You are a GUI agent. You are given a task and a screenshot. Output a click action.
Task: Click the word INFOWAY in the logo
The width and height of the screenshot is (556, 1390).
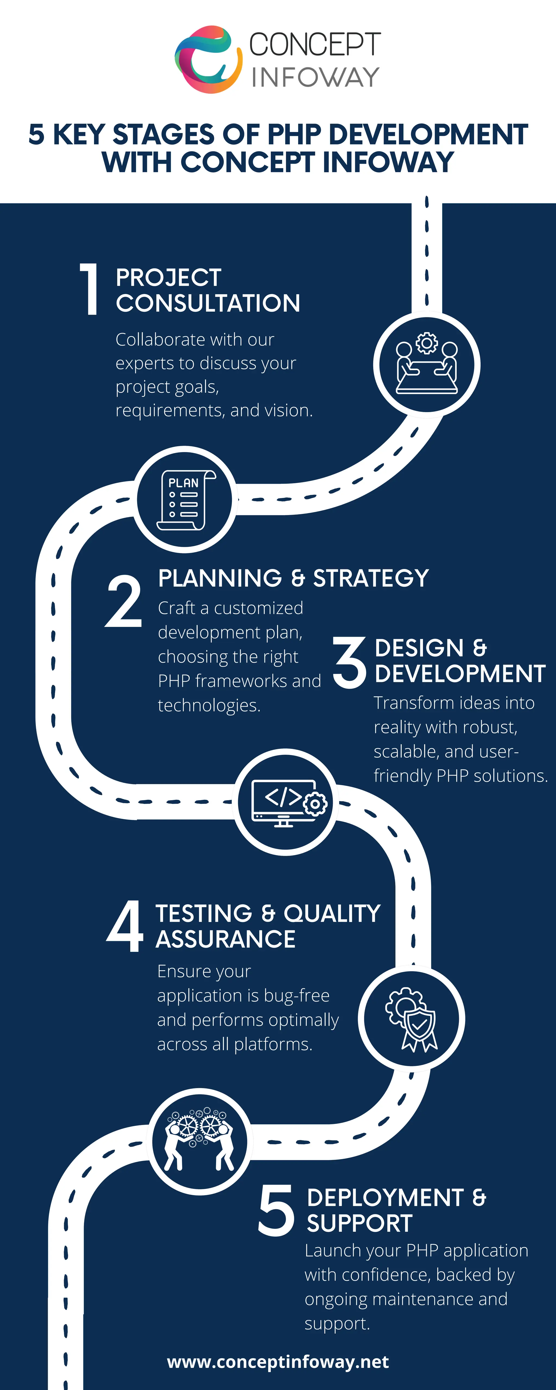click(315, 77)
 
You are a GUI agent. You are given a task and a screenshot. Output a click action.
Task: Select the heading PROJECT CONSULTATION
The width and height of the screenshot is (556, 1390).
click(208, 290)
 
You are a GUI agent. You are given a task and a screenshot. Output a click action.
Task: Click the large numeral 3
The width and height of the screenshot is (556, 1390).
click(349, 662)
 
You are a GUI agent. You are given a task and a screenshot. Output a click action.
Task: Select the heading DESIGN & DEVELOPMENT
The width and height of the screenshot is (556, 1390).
click(459, 661)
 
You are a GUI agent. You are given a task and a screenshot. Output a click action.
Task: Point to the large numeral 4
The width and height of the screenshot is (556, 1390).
click(125, 926)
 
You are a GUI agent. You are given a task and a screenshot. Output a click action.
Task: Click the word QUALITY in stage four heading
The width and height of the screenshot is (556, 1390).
click(332, 914)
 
